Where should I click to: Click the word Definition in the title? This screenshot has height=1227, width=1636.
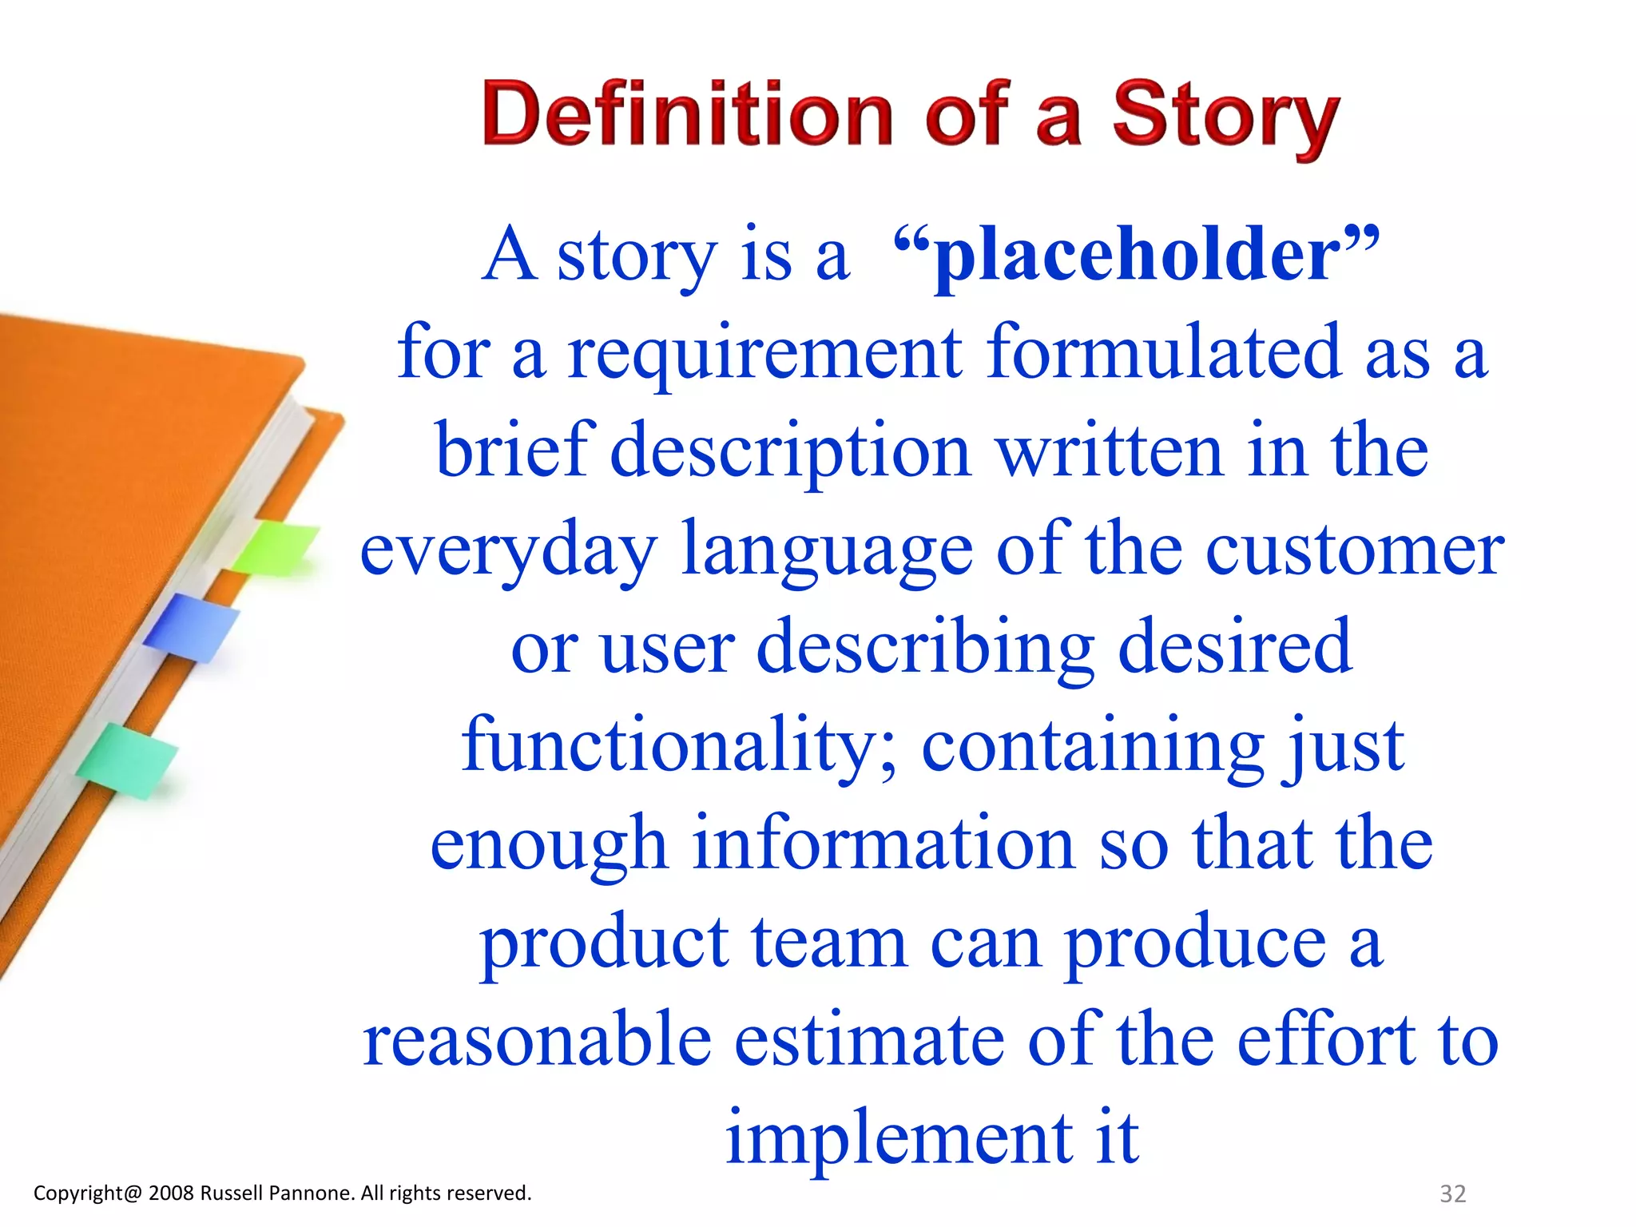tap(687, 116)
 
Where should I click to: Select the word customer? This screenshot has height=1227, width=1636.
tap(1355, 551)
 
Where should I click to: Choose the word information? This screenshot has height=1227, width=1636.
tap(883, 844)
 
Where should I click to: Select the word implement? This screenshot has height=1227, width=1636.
tap(899, 1139)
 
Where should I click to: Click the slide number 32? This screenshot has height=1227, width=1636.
tap(1452, 1193)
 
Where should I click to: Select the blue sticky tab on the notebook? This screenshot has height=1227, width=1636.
tap(192, 627)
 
